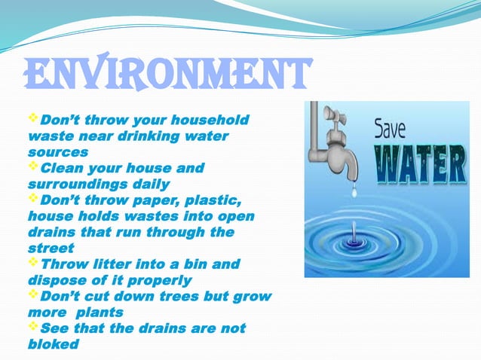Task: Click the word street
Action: point(51,247)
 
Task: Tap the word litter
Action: point(110,264)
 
